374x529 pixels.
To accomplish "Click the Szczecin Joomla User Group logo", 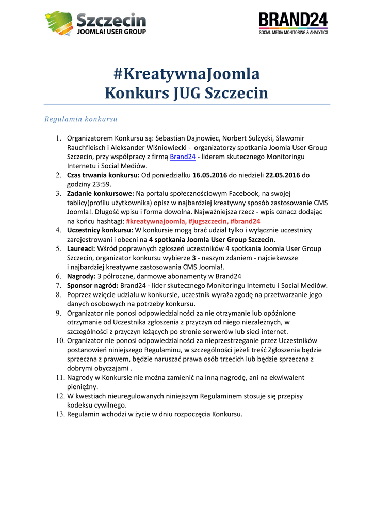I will tap(96, 23).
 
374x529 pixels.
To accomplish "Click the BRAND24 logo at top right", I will tap(293, 24).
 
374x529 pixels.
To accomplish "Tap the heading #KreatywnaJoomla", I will tap(187, 74).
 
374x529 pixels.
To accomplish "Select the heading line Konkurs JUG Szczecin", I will tap(187, 94).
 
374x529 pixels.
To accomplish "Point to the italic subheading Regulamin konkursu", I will tap(81, 119).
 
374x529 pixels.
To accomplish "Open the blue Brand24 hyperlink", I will tap(183, 157).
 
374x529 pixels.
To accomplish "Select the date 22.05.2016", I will tap(283, 175).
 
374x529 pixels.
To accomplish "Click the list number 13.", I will tap(60, 414).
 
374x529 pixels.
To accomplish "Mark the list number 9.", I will tap(58, 313).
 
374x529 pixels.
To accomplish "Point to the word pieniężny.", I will tap(83, 386).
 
